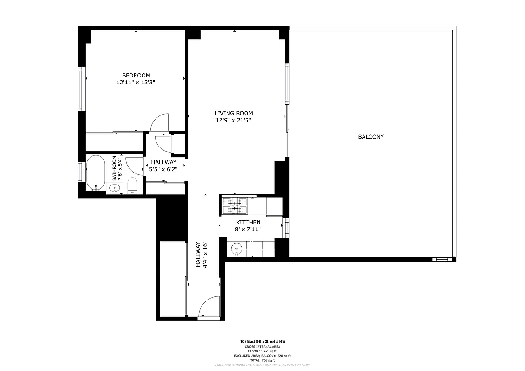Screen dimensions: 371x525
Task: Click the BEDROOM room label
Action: point(136,75)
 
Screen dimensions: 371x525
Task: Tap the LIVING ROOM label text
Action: point(233,113)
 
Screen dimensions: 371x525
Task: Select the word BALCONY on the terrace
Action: point(371,137)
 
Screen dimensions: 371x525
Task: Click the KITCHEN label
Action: point(248,223)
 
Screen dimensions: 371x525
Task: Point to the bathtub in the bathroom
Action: point(96,173)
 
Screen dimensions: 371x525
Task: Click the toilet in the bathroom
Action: point(132,185)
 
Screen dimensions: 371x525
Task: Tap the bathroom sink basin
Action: point(114,188)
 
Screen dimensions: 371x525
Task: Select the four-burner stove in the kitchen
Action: point(235,205)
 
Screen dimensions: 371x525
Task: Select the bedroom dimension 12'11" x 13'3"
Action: point(136,83)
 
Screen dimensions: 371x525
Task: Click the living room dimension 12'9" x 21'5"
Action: point(233,120)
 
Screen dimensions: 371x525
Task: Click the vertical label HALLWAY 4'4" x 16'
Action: point(201,255)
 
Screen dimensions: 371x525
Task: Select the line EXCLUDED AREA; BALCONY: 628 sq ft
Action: point(262,356)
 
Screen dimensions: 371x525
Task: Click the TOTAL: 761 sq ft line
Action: point(262,360)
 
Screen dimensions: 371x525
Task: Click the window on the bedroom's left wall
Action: point(81,89)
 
